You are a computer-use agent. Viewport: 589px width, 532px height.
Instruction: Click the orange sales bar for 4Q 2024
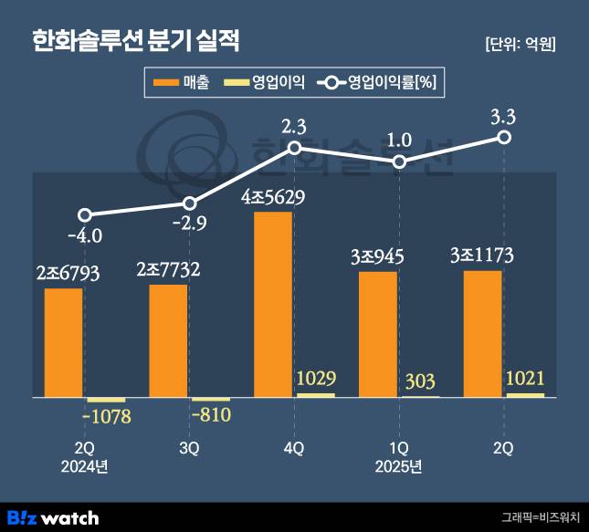tap(273, 305)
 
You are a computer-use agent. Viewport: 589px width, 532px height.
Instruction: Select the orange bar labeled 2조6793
tap(64, 343)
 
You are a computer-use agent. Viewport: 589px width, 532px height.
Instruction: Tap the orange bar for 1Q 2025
tap(378, 334)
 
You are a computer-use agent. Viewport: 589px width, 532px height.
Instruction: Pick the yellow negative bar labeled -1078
tap(106, 401)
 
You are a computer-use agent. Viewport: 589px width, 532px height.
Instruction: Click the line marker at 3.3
tap(503, 137)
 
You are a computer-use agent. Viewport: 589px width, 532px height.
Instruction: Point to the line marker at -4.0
tap(85, 215)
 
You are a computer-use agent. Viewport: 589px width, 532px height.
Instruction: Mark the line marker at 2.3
tap(294, 147)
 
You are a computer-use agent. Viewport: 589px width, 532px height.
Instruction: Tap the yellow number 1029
tap(315, 377)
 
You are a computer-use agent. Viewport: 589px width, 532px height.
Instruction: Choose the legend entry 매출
tap(183, 83)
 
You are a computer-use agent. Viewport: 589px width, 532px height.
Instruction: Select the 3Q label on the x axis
tap(189, 448)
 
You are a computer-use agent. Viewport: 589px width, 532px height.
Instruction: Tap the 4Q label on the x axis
tap(294, 448)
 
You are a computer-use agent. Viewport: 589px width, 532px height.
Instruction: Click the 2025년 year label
tap(398, 467)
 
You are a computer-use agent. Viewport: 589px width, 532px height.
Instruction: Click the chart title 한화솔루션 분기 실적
tap(137, 41)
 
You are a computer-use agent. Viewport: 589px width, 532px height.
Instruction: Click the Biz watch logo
tap(53, 516)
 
